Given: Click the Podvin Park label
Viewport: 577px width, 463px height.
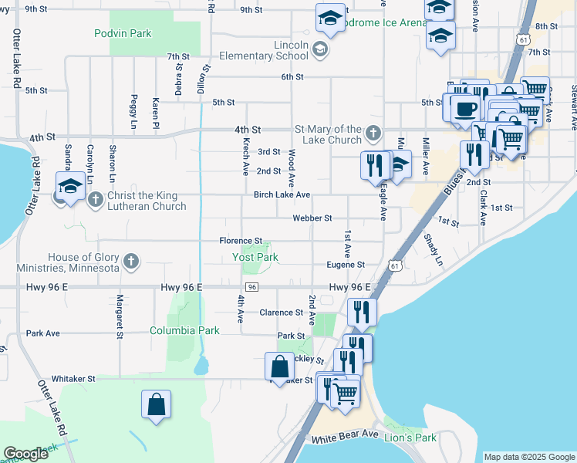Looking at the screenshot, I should [x=123, y=33].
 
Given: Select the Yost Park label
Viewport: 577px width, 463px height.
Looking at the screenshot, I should [x=255, y=257].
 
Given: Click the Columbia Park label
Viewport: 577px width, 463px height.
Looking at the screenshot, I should [x=184, y=330].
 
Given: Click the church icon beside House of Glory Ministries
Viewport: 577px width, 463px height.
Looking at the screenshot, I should [x=131, y=262].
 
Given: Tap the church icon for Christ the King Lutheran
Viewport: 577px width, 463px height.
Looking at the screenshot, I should [x=96, y=200].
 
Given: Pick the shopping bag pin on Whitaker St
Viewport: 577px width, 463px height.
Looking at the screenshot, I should [x=279, y=367].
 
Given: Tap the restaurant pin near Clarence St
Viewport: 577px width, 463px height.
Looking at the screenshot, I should [x=361, y=310].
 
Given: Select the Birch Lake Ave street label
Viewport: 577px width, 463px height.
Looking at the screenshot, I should [x=282, y=194].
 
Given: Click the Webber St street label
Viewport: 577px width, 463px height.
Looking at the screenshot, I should [x=312, y=218].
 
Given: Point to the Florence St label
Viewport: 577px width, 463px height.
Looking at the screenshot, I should [x=241, y=241].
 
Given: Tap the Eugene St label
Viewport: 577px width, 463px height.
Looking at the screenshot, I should [x=345, y=264].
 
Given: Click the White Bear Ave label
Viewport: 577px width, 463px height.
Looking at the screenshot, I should [x=345, y=436].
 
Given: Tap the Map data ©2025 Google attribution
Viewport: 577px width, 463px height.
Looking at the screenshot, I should [x=528, y=457].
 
